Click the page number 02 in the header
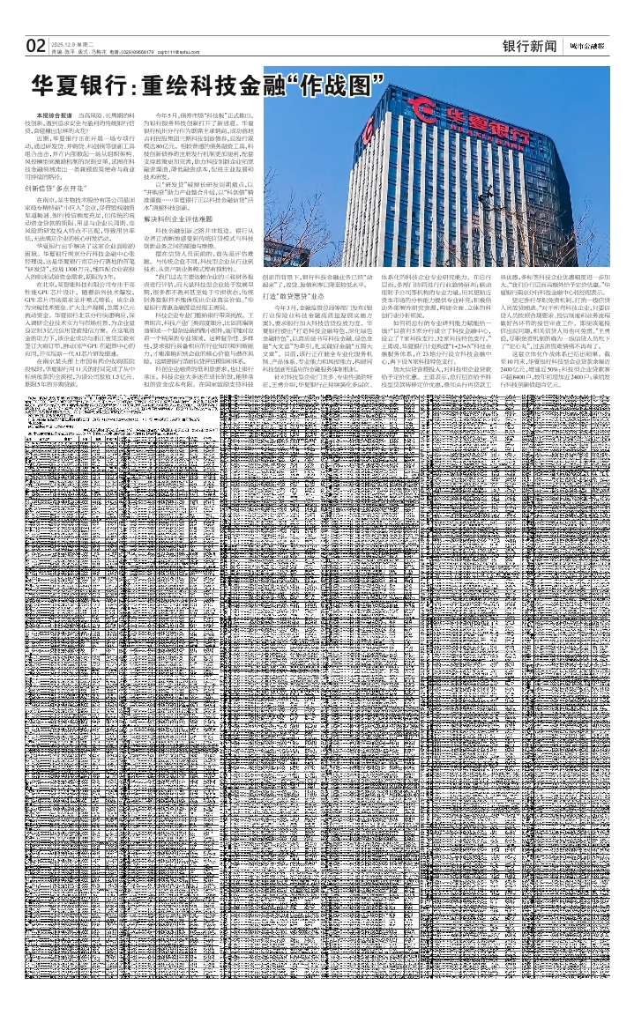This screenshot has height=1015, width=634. tap(35, 46)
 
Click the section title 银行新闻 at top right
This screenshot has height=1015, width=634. tap(529, 46)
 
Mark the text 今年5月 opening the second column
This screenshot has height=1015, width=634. tap(168, 115)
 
